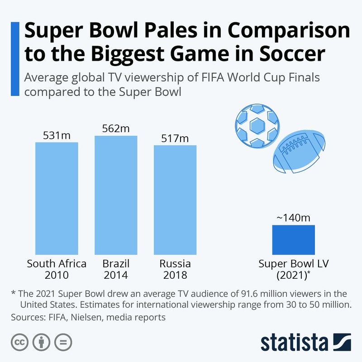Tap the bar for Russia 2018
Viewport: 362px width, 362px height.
(x=175, y=200)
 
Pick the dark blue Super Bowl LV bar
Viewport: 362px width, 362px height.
(x=293, y=239)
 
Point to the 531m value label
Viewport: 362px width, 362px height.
(x=57, y=135)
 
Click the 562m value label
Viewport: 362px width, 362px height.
(x=116, y=129)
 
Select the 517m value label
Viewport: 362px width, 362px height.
(x=175, y=138)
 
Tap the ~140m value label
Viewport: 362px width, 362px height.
(x=293, y=218)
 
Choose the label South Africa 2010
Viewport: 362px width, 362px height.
(x=57, y=269)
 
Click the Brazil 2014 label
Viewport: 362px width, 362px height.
(x=116, y=269)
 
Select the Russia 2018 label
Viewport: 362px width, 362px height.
(x=175, y=269)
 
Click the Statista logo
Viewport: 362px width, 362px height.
(x=305, y=342)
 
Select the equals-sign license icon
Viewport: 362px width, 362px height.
(x=63, y=342)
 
